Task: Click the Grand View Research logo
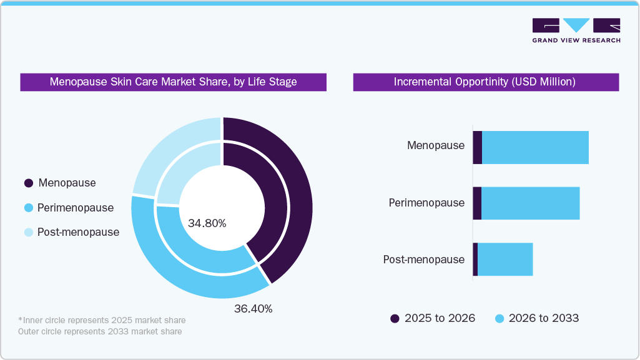click(x=576, y=30)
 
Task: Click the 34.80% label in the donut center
click(x=207, y=223)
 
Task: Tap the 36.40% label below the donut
click(x=253, y=309)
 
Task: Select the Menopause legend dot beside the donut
click(x=28, y=183)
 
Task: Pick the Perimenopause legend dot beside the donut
click(x=28, y=208)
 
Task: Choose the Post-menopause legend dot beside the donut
click(x=28, y=232)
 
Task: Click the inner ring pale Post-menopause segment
click(x=184, y=168)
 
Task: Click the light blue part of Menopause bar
click(x=535, y=148)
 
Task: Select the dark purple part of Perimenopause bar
click(x=477, y=203)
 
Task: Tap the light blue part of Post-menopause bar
click(x=505, y=259)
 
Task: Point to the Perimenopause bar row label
click(x=426, y=203)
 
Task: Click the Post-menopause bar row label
click(x=424, y=259)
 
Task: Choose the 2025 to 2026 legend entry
click(x=433, y=318)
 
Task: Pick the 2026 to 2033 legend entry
click(x=537, y=318)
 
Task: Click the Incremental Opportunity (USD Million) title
click(x=485, y=82)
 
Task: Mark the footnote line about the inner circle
click(x=102, y=320)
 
